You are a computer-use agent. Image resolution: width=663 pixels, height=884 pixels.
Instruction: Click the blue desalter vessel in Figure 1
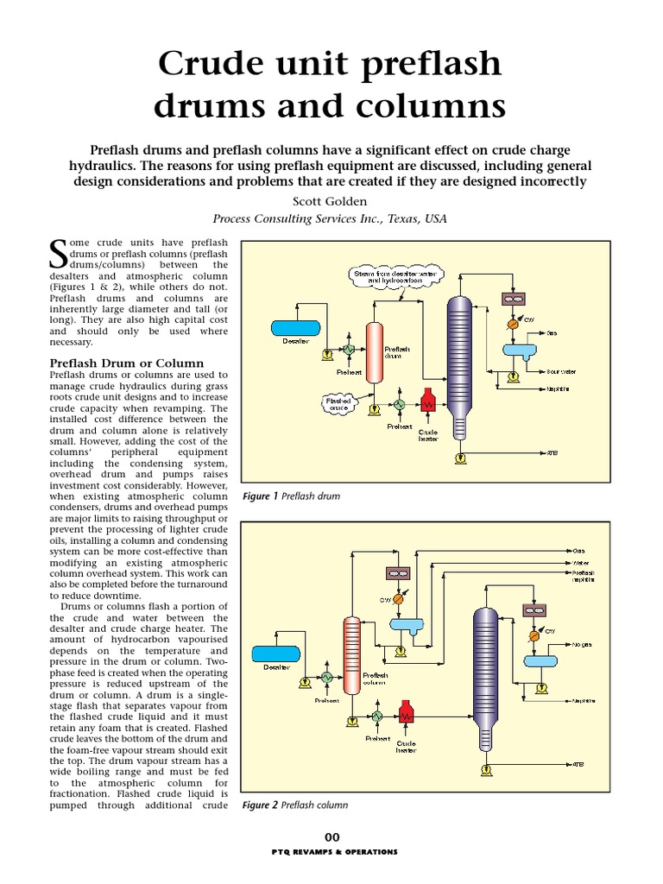point(294,327)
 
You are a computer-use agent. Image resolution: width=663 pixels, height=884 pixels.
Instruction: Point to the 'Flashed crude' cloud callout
point(337,403)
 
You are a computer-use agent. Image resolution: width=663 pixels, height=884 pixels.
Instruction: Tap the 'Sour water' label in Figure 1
point(561,372)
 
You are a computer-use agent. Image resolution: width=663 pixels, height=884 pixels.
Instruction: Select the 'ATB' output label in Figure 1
point(552,451)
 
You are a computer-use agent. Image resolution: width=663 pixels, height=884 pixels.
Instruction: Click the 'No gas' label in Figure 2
point(580,644)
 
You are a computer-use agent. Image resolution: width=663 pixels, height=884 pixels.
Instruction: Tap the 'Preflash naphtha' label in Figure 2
point(584,577)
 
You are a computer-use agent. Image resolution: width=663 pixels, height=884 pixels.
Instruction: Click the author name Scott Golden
point(331,201)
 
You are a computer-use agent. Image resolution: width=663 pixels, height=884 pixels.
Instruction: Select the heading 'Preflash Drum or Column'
point(127,363)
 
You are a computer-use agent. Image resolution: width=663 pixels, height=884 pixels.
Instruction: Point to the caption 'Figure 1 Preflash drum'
point(291,496)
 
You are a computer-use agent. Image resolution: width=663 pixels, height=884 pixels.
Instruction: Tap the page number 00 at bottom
point(332,837)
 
